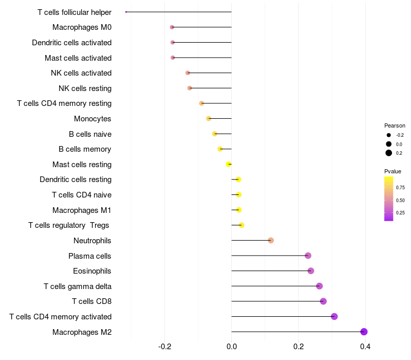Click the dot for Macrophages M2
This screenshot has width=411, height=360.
pyautogui.click(x=364, y=332)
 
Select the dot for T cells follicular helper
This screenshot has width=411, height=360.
pyautogui.click(x=126, y=12)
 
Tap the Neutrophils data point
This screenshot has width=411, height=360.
pyautogui.click(x=271, y=240)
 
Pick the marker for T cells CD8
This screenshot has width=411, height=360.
pyautogui.click(x=323, y=301)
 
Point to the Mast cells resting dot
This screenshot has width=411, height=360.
pyautogui.click(x=229, y=164)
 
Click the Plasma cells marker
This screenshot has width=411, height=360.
pyautogui.click(x=308, y=256)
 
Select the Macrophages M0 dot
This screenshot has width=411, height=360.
pyautogui.click(x=172, y=27)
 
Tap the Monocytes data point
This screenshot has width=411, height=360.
pyautogui.click(x=209, y=119)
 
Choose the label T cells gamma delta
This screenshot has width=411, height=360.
pyautogui.click(x=78, y=286)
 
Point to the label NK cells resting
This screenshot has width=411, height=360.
pyautogui.click(x=85, y=88)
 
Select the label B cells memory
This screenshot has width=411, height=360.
pyautogui.click(x=85, y=149)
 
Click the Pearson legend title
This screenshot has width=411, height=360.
pyautogui.click(x=395, y=125)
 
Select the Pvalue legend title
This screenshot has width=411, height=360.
pyautogui.click(x=393, y=171)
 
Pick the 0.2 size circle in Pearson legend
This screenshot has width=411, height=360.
pyautogui.click(x=389, y=153)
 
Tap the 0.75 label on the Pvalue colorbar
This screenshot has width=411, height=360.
pyautogui.click(x=400, y=188)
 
